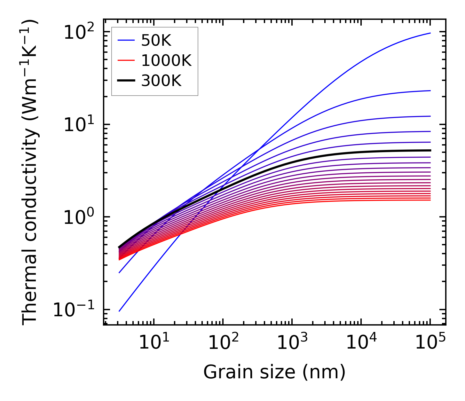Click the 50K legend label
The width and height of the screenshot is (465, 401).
156,41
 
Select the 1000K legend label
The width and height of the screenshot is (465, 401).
166,61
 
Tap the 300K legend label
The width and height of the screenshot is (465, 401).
161,81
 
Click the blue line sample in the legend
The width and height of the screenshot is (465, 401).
126,41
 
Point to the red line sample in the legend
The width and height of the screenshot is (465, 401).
126,61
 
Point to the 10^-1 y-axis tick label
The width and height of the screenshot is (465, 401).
74,310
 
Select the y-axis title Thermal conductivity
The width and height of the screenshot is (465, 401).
30,172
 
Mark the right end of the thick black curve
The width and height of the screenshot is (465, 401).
430,150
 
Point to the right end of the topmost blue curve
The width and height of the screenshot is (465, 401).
430,33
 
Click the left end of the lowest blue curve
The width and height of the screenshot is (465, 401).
119,311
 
